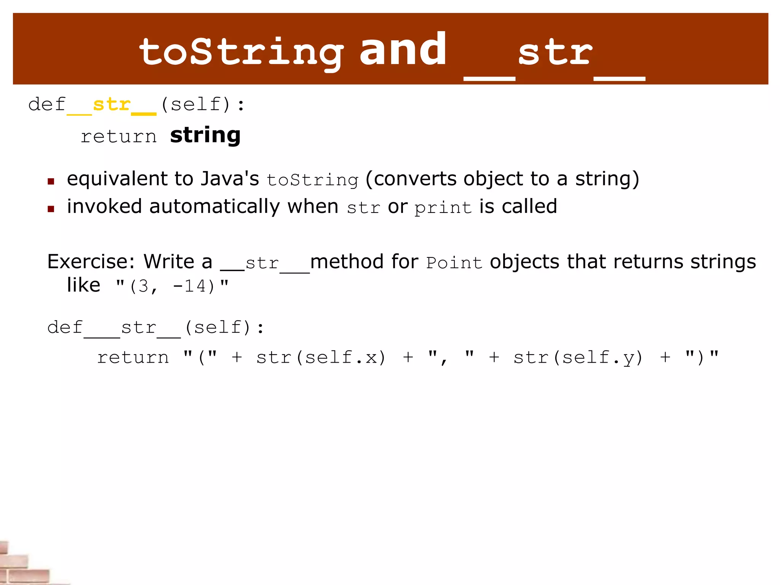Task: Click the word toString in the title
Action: pos(241,52)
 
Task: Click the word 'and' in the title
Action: pos(403,50)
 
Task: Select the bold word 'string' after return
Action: pos(205,136)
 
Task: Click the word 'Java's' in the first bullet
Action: pos(230,179)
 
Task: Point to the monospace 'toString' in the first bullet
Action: pos(312,180)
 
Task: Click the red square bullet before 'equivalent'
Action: pos(51,181)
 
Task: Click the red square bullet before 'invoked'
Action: pos(51,209)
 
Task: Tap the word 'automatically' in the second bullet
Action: pos(215,207)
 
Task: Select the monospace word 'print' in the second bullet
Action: pos(443,208)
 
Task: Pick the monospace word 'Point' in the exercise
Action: pos(454,263)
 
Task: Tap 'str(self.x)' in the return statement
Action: pos(321,357)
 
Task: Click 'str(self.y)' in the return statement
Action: pos(578,357)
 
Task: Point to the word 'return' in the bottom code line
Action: pos(133,357)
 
